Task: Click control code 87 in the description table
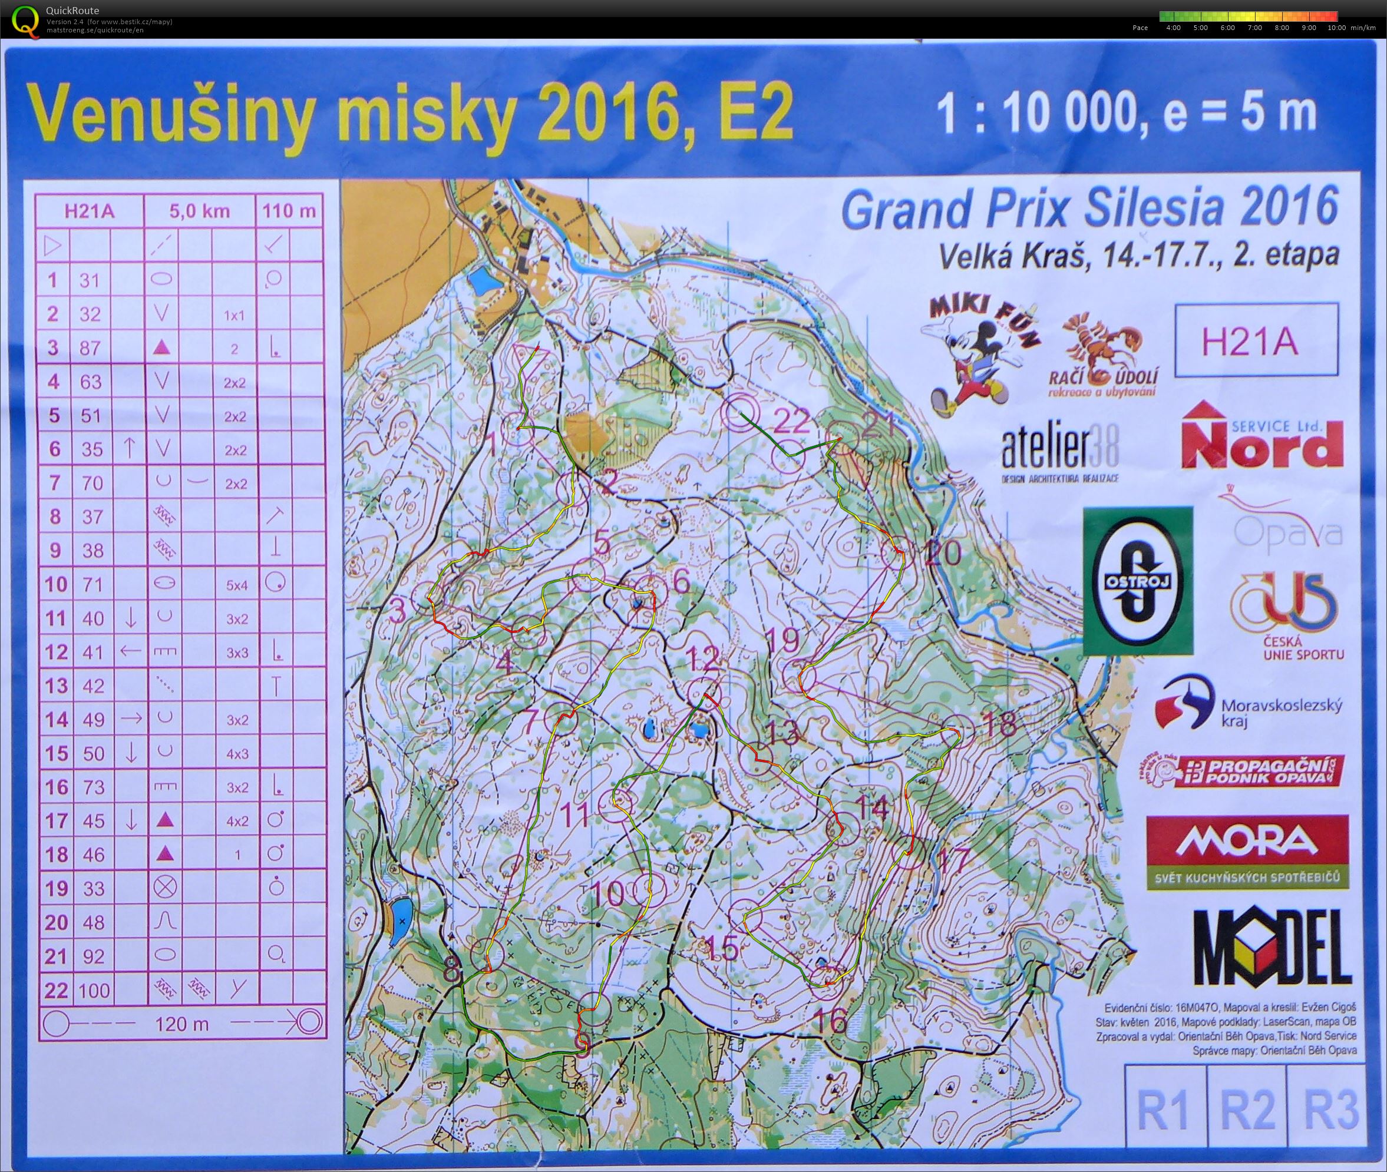tap(90, 347)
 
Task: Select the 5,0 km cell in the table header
tap(199, 211)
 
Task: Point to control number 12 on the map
tap(702, 660)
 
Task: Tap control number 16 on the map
tap(830, 1021)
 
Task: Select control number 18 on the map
tap(998, 722)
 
